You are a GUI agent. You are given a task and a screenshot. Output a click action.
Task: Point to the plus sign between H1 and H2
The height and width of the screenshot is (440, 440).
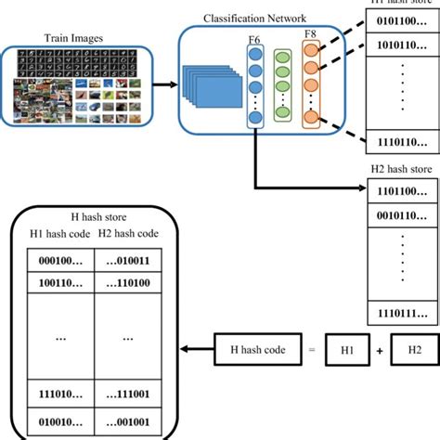(x=379, y=350)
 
